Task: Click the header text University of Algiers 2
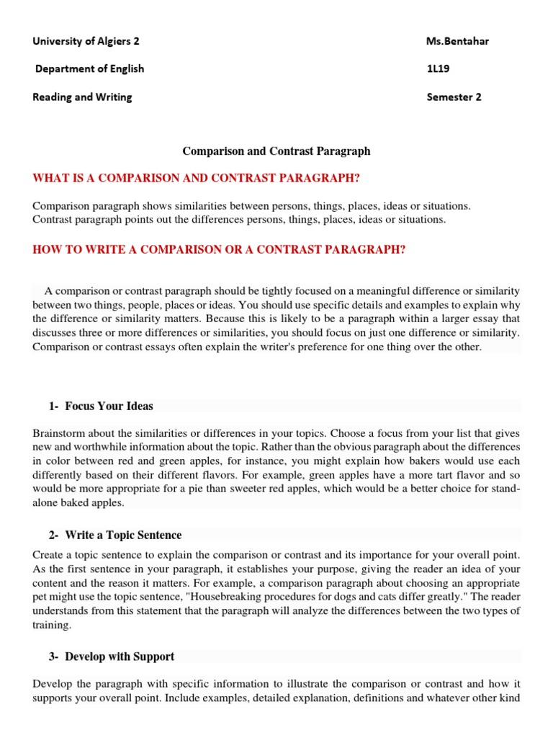86,41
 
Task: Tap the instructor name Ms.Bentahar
457,41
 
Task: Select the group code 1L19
439,69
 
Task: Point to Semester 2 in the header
454,97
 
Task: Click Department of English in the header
90,69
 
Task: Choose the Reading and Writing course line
82,97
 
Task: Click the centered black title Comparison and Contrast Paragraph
276,151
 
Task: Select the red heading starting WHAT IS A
196,178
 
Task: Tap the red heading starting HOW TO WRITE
220,249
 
